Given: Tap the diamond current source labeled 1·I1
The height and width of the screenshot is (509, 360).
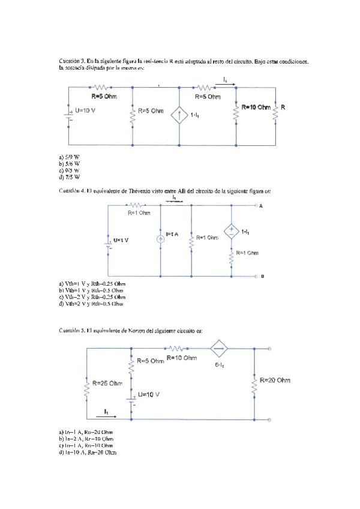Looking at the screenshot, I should point(180,114).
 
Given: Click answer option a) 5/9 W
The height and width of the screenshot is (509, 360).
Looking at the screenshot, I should point(69,157).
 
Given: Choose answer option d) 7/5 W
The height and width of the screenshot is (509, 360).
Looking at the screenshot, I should point(69,178).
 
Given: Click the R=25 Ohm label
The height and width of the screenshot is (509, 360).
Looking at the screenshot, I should point(108,383).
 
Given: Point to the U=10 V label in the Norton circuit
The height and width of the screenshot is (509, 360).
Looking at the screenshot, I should point(149,394).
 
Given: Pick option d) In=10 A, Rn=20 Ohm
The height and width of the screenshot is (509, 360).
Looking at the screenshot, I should point(88,452).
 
